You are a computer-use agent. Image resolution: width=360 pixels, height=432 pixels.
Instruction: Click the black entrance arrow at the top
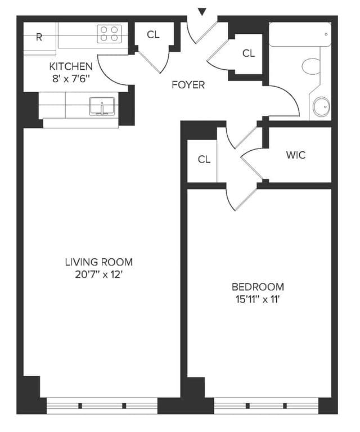tap(202, 11)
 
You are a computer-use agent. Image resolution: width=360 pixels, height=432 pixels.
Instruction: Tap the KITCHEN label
tap(71, 66)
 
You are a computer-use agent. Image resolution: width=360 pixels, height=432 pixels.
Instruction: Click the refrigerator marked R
tap(39, 38)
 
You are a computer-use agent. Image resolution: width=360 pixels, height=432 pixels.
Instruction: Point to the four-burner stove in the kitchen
tap(110, 34)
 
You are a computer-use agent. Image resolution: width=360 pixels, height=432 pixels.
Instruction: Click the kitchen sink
tap(102, 105)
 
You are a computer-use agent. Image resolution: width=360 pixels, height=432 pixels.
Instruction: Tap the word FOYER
tap(188, 85)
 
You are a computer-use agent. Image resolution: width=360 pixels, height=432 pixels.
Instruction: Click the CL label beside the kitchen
tap(153, 35)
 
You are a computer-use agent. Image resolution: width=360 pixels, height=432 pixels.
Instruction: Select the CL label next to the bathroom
tap(249, 53)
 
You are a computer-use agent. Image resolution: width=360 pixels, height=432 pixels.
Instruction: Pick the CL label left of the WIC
tap(204, 159)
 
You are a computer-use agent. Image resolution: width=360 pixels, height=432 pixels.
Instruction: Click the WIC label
tap(296, 155)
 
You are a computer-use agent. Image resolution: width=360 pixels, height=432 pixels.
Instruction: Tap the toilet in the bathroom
tap(311, 67)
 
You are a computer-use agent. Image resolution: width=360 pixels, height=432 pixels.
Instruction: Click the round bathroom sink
tap(321, 107)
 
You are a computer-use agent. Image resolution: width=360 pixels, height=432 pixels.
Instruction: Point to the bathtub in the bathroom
tap(299, 34)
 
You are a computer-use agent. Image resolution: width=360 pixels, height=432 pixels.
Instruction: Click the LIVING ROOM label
tap(99, 262)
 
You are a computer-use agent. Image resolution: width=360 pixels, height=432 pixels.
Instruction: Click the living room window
tap(102, 405)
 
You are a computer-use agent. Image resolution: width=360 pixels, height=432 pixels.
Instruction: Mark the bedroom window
tap(267, 405)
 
